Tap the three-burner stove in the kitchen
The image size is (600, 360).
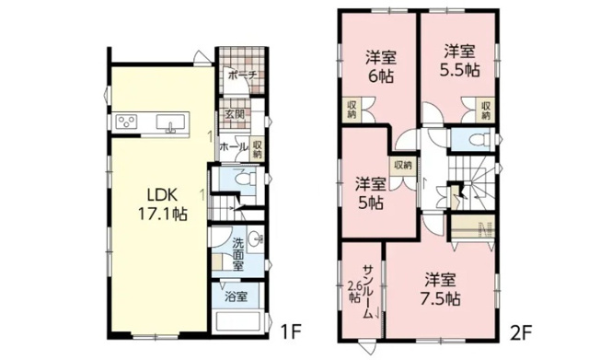pos(127,123)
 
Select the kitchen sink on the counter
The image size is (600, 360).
pos(168,123)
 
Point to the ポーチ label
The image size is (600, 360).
pos(239,75)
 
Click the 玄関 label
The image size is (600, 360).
pos(234,116)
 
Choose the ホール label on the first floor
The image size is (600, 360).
pos(231,146)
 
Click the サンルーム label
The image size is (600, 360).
pos(366,287)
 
